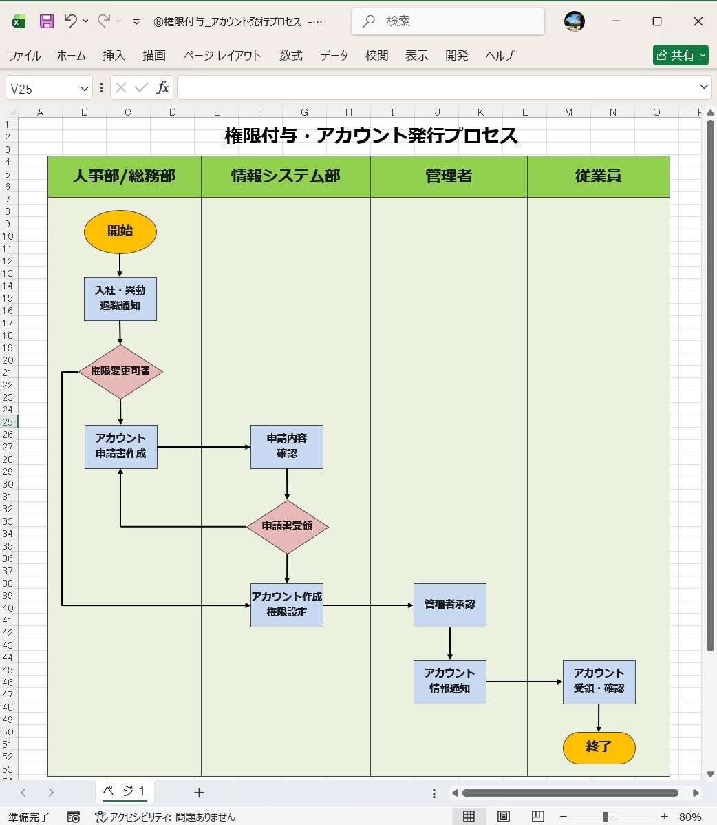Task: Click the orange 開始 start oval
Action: tap(120, 231)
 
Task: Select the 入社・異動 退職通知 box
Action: tap(120, 299)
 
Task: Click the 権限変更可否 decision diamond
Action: tap(120, 372)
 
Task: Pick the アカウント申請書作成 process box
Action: tap(121, 446)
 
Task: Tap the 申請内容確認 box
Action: tap(286, 446)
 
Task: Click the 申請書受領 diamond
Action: tap(287, 527)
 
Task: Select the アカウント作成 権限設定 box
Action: tap(286, 605)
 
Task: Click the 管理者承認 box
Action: tap(449, 605)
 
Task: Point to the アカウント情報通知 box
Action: tap(449, 682)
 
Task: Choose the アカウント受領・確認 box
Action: tap(599, 682)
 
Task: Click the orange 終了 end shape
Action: tap(599, 748)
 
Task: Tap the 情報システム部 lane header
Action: tap(286, 176)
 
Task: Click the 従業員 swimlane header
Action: tap(598, 176)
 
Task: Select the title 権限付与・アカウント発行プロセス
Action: tap(371, 136)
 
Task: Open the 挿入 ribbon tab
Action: tap(114, 56)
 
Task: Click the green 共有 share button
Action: tap(680, 55)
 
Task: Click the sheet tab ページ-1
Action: tap(124, 791)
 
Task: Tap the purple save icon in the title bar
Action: tap(46, 21)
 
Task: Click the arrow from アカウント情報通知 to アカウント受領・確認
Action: tap(524, 682)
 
